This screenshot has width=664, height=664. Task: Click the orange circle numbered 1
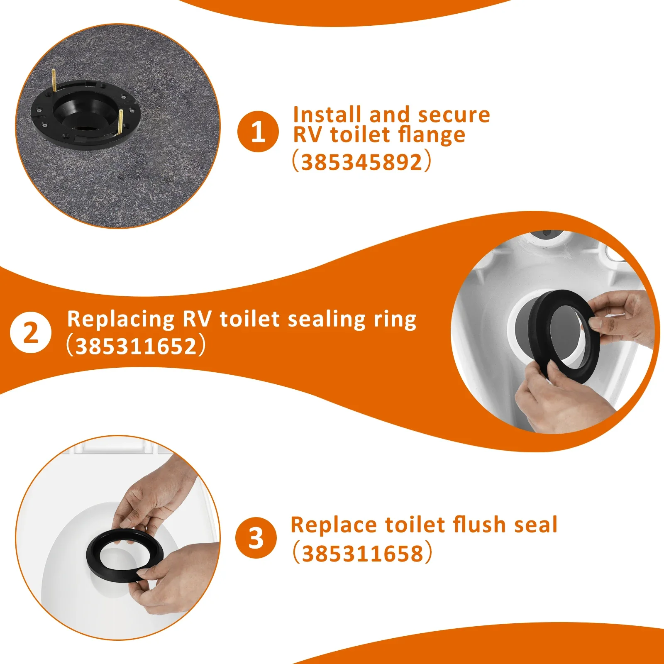point(258,132)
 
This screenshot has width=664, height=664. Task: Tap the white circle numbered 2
point(31,332)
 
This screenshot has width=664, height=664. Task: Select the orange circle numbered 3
point(256,537)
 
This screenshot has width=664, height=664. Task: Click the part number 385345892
point(361,162)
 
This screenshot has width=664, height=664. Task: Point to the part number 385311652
point(136,346)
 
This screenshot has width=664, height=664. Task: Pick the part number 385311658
point(362,553)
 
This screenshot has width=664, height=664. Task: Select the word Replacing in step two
point(121,320)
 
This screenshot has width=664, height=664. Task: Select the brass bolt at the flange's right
point(120,122)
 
